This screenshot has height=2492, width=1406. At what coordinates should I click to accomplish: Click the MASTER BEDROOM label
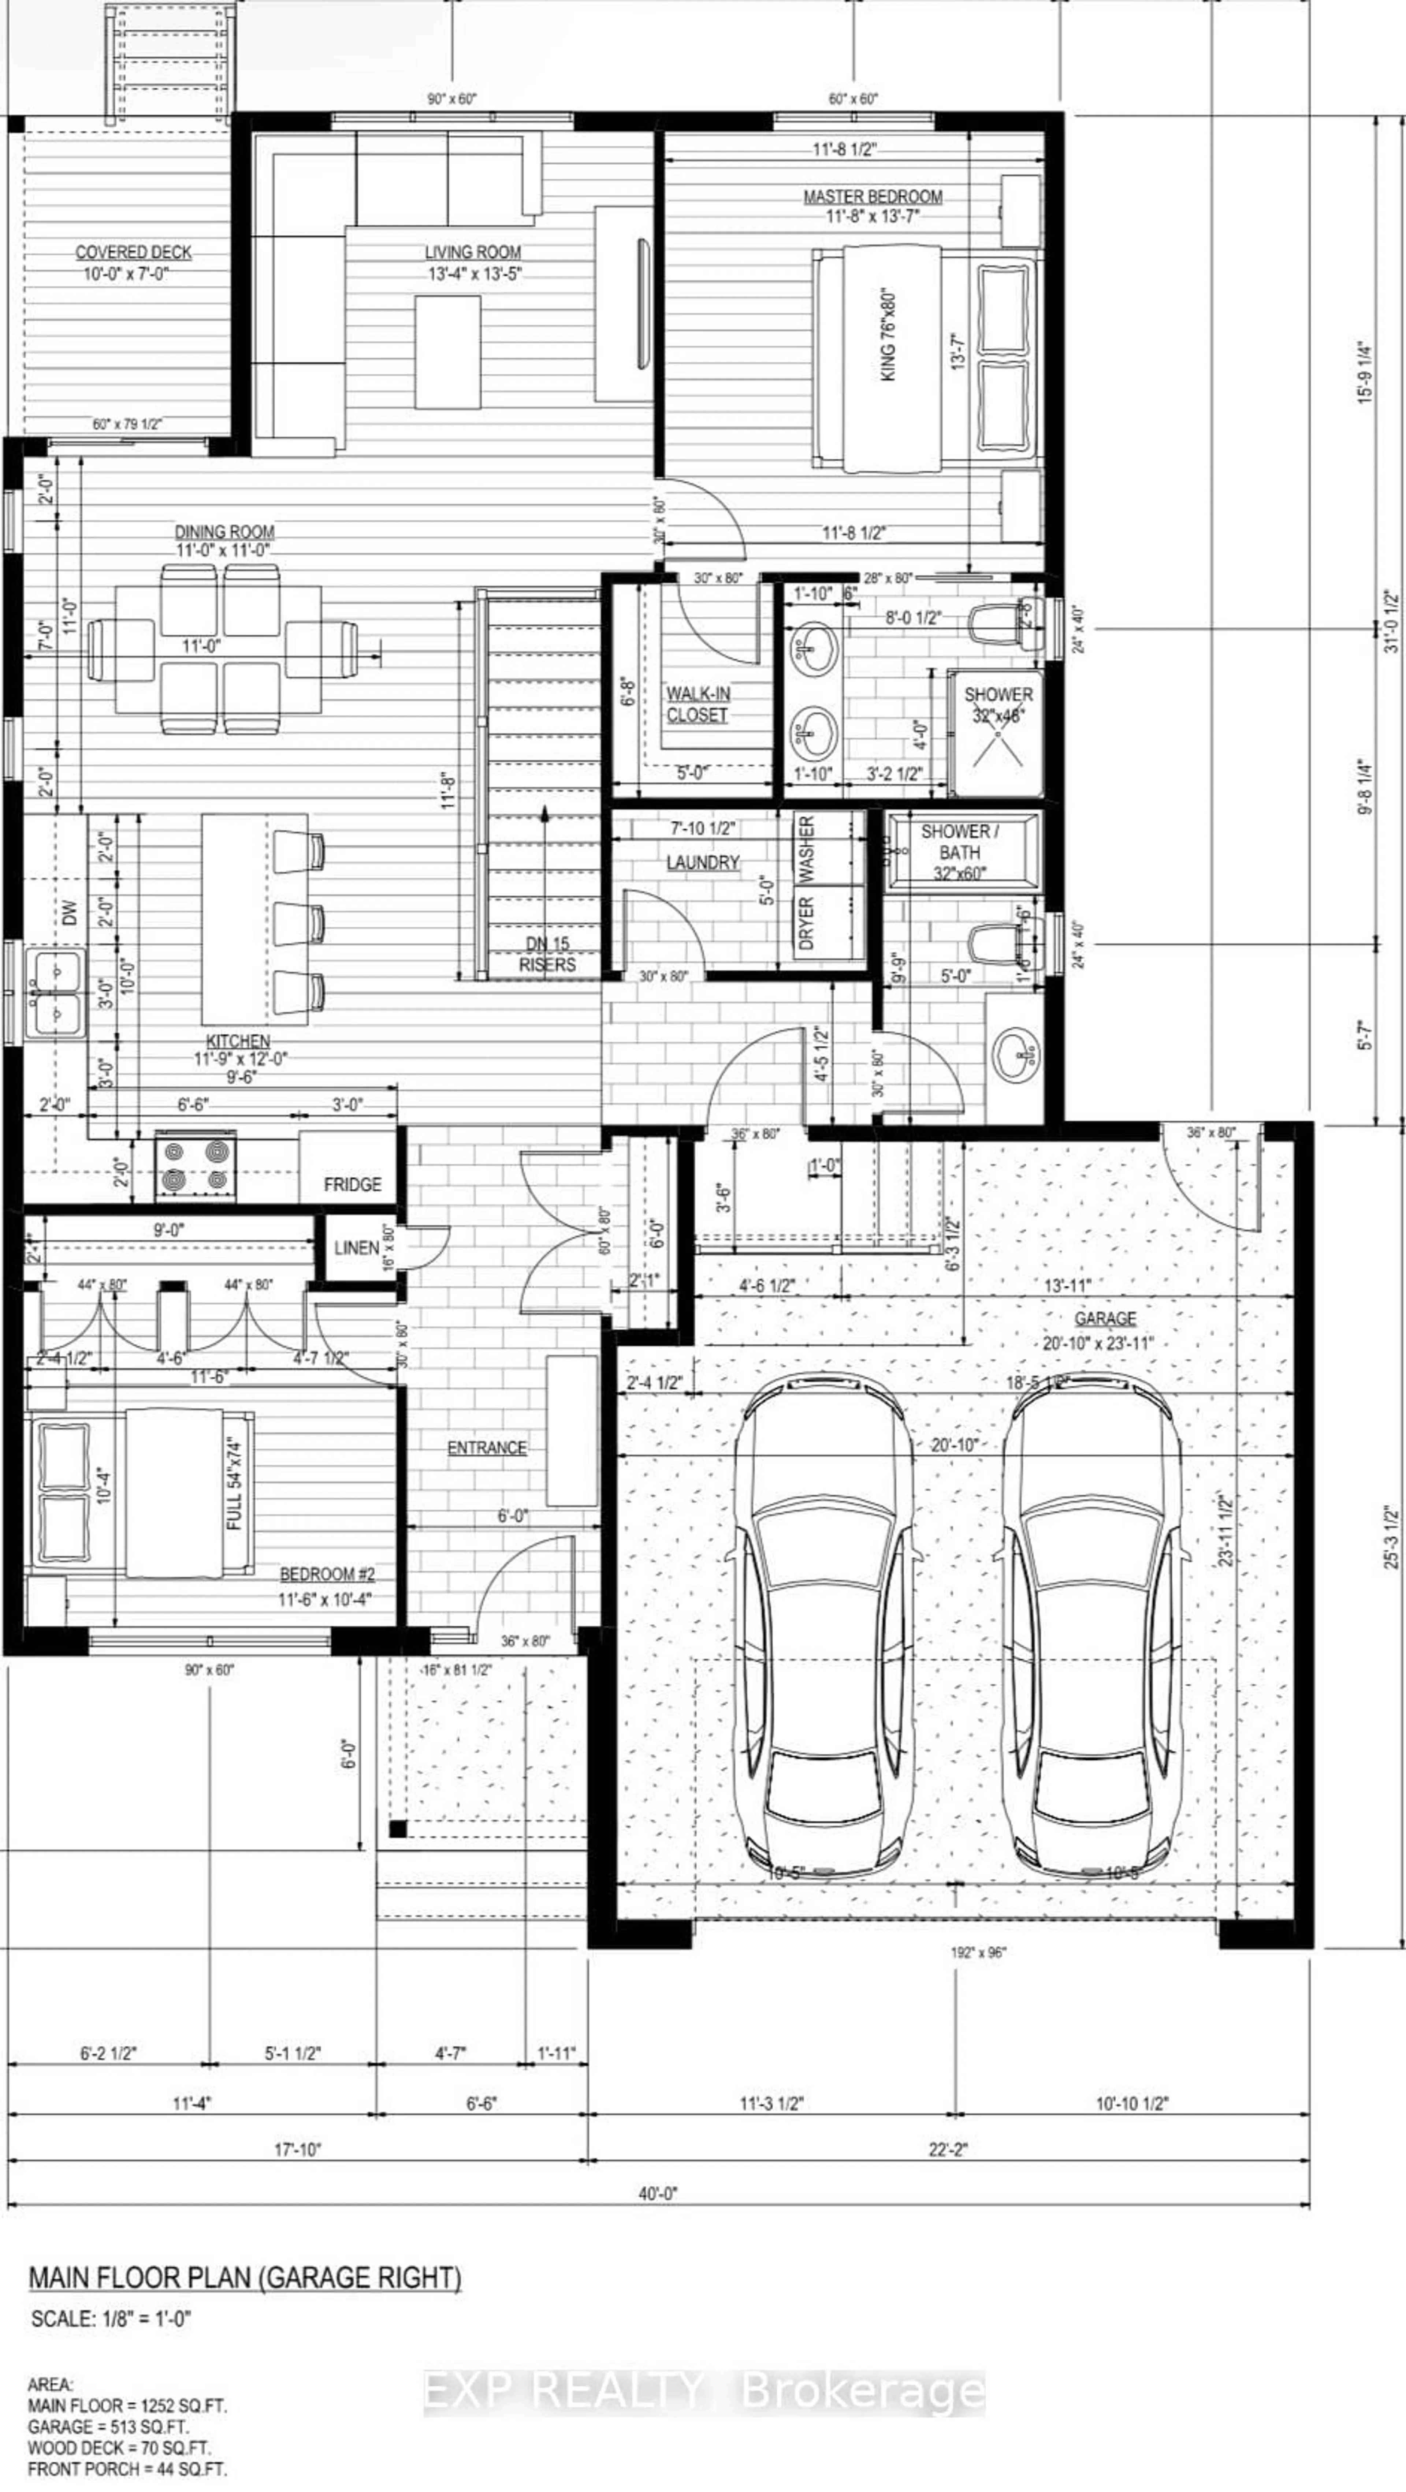872,197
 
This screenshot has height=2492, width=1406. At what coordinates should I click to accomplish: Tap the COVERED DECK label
134,253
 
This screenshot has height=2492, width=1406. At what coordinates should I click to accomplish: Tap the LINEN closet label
356,1248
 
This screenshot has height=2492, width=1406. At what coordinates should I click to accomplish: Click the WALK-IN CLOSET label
697,704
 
